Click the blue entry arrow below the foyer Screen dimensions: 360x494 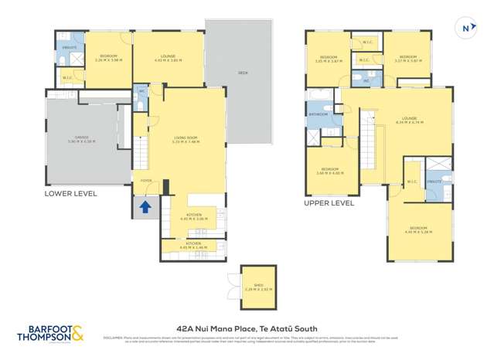pos(144,206)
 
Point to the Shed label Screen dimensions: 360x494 pos(253,288)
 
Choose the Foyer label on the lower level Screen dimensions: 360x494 pos(145,182)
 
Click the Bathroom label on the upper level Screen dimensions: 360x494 pos(319,114)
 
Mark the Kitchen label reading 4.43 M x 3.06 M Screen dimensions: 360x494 pos(193,217)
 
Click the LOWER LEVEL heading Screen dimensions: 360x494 pos(71,194)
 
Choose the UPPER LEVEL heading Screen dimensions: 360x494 pos(329,203)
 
